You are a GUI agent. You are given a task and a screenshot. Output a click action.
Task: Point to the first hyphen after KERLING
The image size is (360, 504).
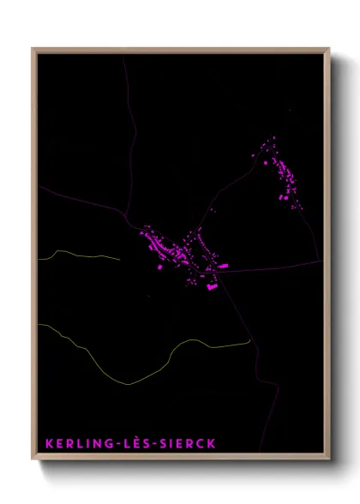tap(108, 445)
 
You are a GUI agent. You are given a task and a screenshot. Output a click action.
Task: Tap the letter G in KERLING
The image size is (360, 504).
tap(99, 444)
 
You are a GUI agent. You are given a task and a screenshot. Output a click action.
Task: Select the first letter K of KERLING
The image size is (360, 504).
tap(49, 444)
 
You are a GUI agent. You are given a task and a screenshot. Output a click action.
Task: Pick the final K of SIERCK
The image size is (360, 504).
tap(211, 444)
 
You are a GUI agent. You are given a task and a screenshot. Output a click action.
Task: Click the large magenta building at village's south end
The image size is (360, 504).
tap(211, 288)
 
